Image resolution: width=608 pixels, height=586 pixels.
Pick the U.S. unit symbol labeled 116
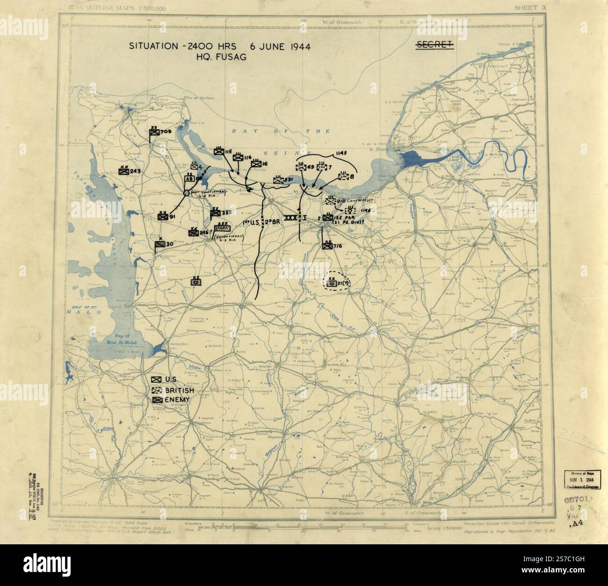pos(238,158)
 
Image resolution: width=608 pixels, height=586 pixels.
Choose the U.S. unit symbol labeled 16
pos(256,164)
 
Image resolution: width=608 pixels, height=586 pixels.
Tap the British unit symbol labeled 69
pos(301,167)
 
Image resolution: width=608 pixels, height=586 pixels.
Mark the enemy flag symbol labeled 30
pos(159,245)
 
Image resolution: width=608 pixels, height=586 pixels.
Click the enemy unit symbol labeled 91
pos(162,217)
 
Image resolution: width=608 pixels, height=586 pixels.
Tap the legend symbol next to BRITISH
pos(157,390)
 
